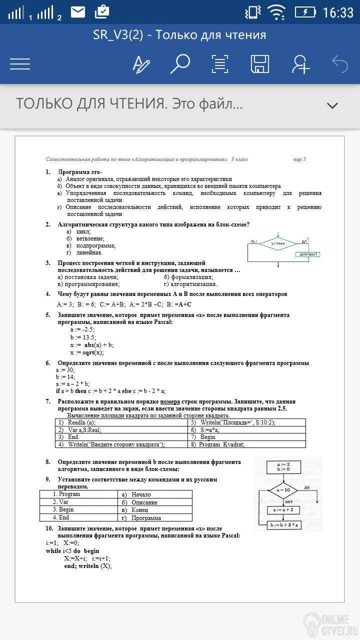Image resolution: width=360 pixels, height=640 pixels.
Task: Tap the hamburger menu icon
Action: point(20,64)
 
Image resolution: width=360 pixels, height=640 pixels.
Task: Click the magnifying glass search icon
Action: point(180,64)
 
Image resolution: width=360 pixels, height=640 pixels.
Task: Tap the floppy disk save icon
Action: point(260,64)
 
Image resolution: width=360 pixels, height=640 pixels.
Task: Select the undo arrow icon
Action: point(340,64)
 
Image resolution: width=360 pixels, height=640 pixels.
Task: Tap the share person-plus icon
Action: point(300,64)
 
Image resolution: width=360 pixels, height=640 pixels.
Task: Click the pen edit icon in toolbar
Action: point(141,64)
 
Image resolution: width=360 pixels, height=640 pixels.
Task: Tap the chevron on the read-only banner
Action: point(332,105)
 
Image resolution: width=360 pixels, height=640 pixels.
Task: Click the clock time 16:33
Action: point(338,12)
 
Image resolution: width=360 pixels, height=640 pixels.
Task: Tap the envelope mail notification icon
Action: point(78,11)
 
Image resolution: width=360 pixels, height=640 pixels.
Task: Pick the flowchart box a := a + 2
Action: point(283,509)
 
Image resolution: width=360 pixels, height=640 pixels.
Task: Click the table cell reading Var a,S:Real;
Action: point(84,429)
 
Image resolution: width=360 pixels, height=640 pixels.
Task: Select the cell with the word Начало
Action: point(141,494)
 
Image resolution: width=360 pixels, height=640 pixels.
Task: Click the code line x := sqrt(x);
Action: point(87,352)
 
